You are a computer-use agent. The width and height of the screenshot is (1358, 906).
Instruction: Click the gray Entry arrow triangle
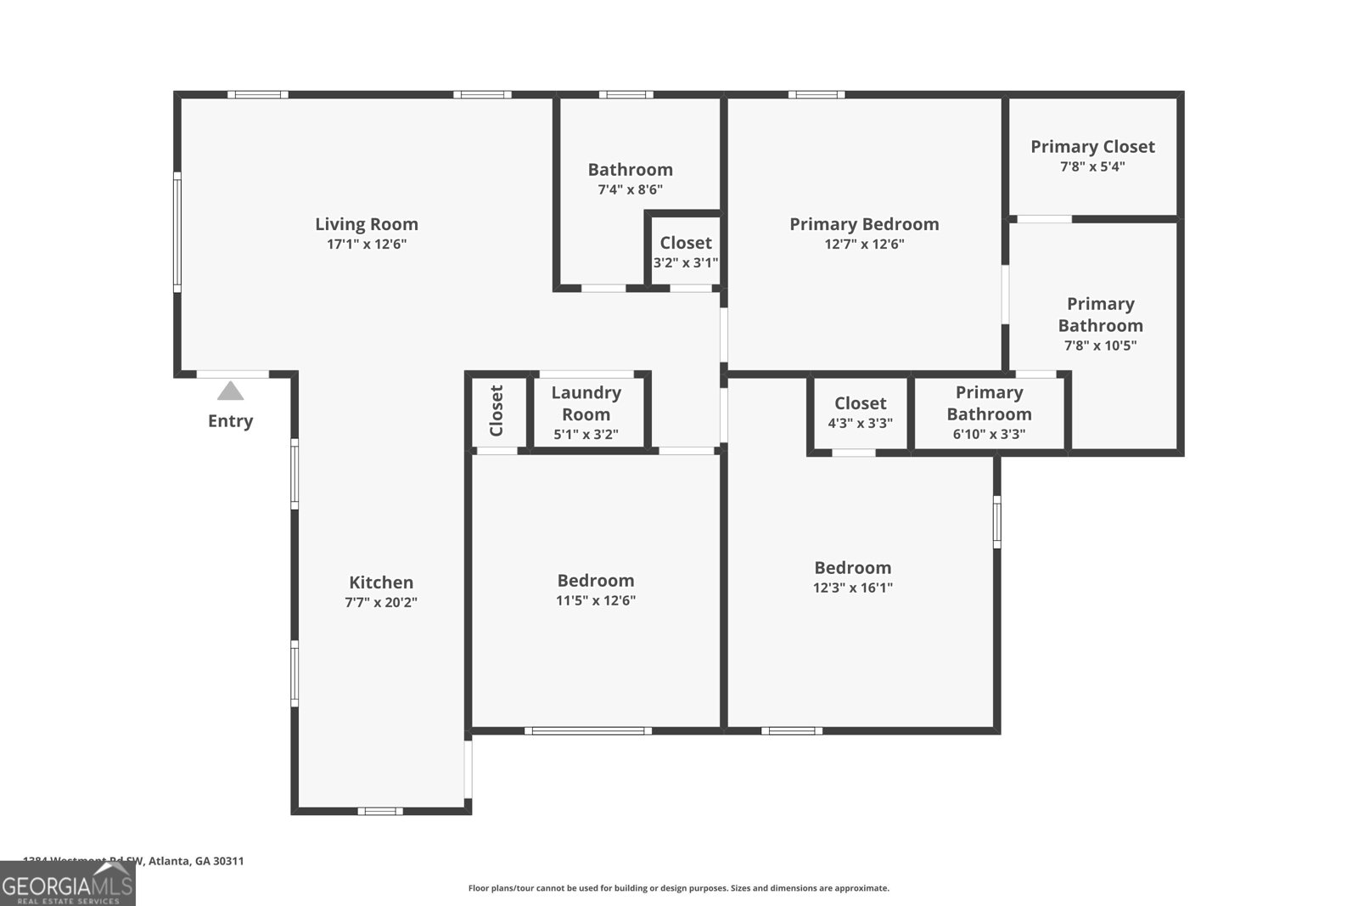pos(230,391)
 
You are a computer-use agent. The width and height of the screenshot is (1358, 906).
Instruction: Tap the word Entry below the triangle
pos(230,421)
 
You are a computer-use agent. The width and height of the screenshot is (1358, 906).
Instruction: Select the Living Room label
pos(367,224)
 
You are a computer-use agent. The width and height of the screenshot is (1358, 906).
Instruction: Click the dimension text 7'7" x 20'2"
pos(381,603)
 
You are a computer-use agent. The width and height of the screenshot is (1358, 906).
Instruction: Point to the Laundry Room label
pos(586,403)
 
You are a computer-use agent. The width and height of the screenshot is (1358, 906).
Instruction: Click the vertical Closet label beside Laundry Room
pos(497,411)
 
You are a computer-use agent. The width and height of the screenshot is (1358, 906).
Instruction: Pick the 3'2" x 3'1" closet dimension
pos(685,263)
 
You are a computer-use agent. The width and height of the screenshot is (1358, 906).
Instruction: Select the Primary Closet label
pos(1092,147)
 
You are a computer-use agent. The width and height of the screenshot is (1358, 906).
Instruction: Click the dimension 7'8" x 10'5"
pos(1100,346)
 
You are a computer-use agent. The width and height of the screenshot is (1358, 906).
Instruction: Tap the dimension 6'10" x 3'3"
pos(989,435)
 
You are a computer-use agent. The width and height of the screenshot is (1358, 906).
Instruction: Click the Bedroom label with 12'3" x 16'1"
pos(852,568)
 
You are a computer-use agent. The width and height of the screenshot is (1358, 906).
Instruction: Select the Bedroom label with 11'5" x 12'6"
pos(595,581)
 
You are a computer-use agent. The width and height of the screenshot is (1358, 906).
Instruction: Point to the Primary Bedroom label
pos(864,224)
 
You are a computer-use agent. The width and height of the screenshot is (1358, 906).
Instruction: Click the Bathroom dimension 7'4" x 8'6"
pos(630,190)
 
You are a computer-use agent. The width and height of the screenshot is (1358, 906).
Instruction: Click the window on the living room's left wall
pos(177,232)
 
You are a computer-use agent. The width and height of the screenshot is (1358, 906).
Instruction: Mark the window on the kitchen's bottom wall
pos(379,811)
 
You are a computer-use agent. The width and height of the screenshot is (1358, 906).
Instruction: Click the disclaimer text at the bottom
pos(678,888)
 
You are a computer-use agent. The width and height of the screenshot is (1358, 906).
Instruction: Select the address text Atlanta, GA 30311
pos(195,861)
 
